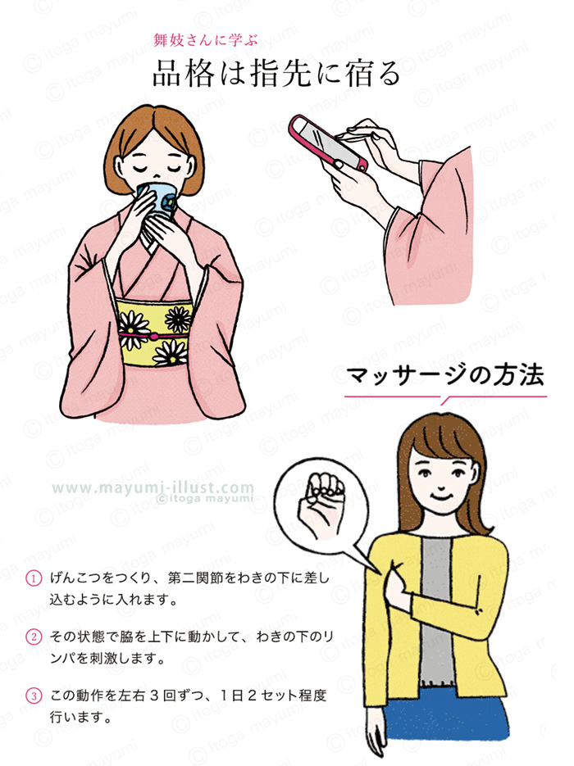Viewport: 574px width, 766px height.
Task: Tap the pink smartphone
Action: pos(326,143)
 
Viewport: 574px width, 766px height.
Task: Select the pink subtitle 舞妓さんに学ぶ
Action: pos(206,39)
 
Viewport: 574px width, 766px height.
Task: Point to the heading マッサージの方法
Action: pos(445,376)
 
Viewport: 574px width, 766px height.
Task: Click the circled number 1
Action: pos(34,578)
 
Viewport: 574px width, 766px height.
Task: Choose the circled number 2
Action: pos(34,637)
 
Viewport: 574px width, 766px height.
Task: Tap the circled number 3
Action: pos(34,696)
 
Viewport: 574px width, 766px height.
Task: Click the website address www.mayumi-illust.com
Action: pos(153,487)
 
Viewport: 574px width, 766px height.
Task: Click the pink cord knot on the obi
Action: pos(154,336)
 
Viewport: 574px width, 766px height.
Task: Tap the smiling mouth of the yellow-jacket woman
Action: pos(441,496)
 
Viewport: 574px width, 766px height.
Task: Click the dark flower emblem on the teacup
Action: pos(168,200)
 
